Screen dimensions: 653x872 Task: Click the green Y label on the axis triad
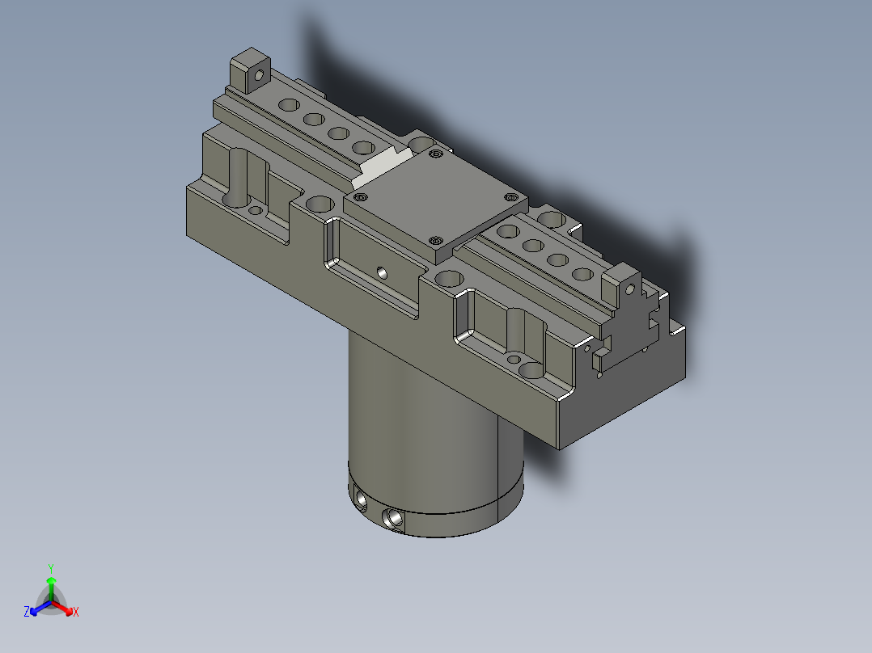[50, 567]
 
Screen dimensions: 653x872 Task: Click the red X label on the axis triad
[76, 612]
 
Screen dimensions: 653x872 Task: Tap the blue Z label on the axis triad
[27, 612]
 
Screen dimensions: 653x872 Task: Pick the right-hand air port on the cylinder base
[395, 517]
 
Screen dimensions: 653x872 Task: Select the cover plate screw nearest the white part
[437, 153]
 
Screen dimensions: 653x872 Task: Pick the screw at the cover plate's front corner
[434, 240]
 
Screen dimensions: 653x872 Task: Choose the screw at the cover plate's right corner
[510, 196]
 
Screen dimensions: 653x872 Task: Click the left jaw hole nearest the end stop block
[288, 105]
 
